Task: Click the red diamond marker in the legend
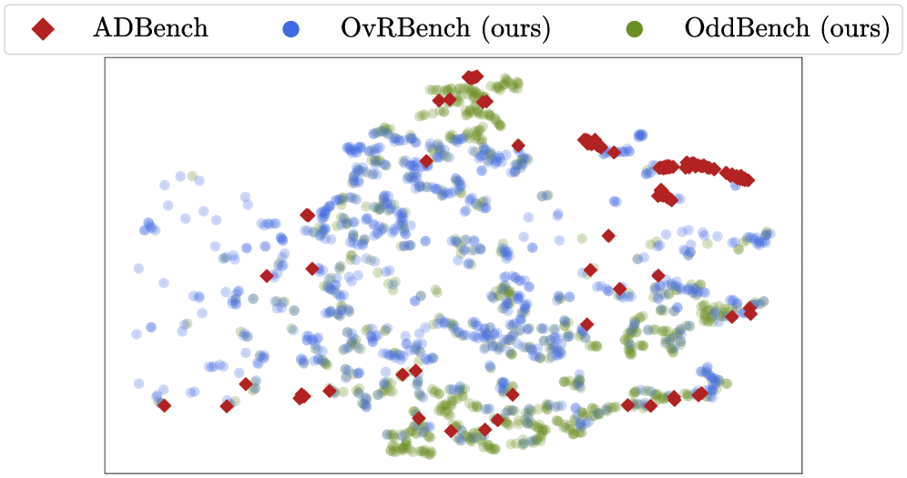pos(43,28)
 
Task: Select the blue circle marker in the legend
pos(291,28)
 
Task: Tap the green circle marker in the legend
pos(635,28)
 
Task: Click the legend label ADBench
pos(150,27)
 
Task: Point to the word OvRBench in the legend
pos(405,27)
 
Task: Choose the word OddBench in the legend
pos(746,27)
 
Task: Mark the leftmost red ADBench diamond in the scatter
pos(164,406)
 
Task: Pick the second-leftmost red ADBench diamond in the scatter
pos(228,406)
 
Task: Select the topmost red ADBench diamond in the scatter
pos(473,76)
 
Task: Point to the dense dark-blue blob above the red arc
pos(640,136)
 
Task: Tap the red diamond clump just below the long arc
pos(664,196)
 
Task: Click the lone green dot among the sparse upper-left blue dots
pos(192,176)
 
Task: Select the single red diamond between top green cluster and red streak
pos(518,146)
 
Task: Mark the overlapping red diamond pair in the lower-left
pos(301,396)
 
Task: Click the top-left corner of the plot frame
pos(105,57)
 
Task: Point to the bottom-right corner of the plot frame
pos(801,473)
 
